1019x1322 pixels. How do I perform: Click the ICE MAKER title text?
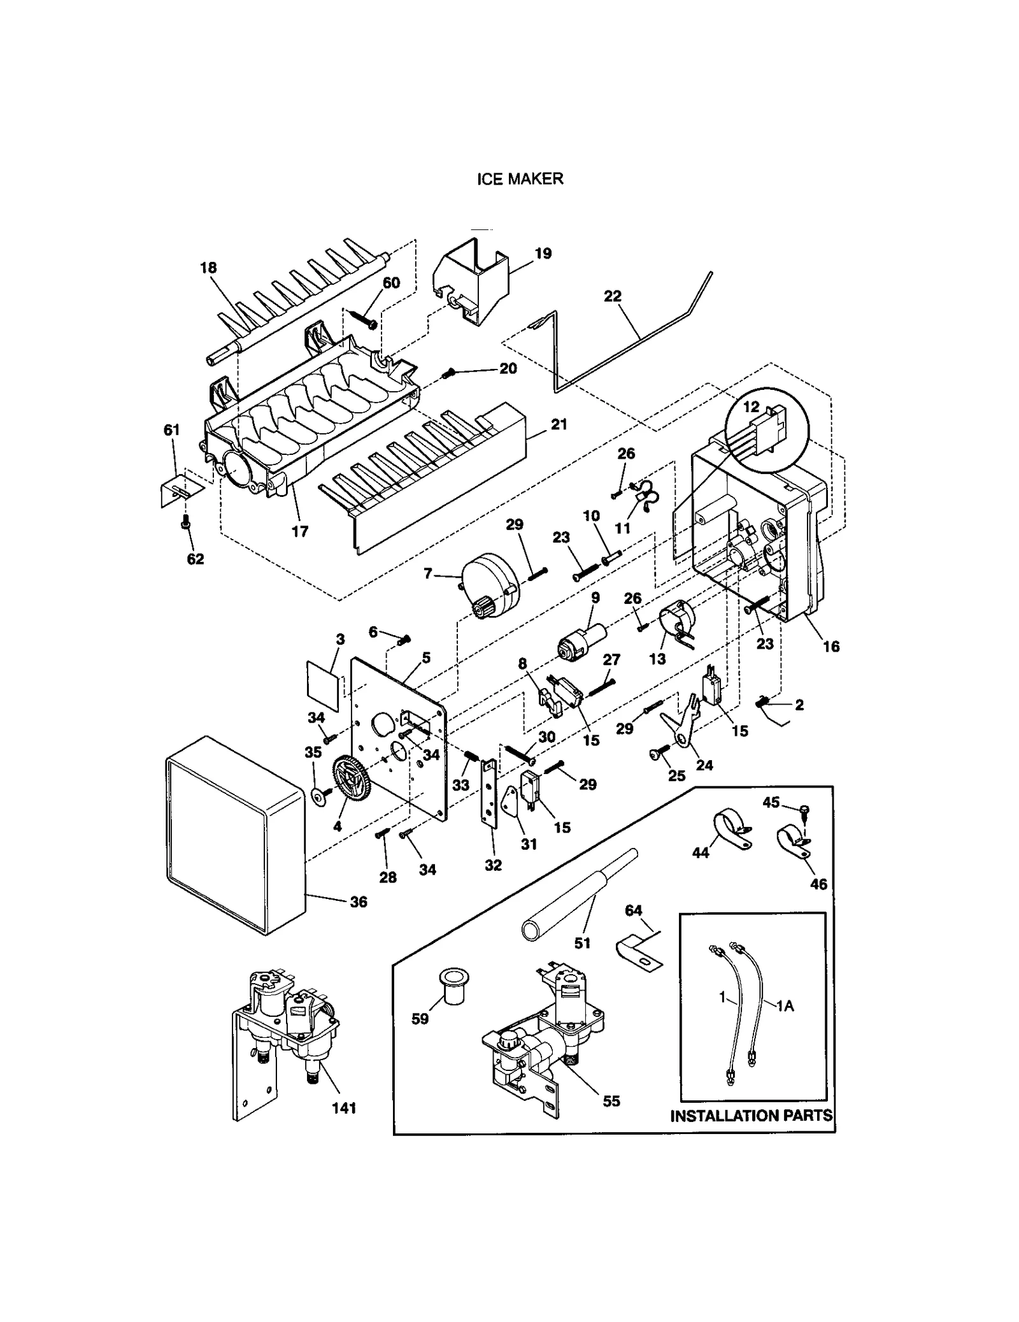click(x=520, y=179)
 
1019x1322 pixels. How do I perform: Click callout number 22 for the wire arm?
click(x=612, y=296)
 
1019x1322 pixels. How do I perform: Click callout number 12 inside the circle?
click(x=751, y=406)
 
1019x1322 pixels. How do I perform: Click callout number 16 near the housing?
click(x=830, y=646)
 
